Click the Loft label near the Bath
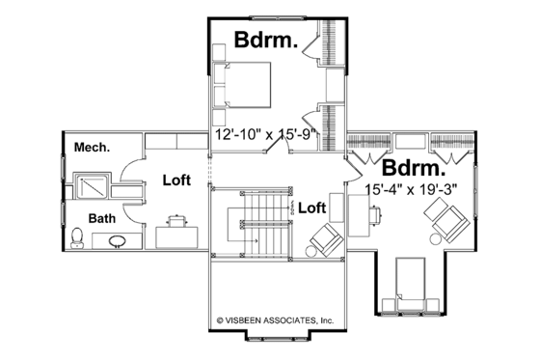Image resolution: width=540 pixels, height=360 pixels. coord(176,180)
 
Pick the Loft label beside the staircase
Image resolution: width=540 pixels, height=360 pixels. coord(311,207)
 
